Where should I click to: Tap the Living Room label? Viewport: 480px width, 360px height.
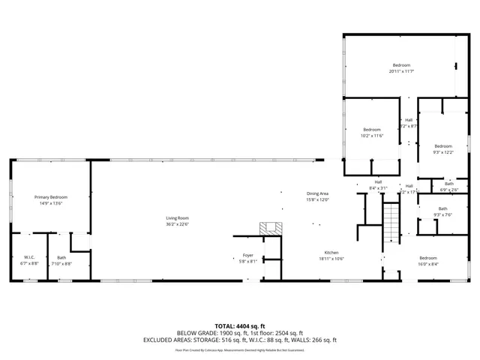(177, 218)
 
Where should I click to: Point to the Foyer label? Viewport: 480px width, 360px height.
(247, 256)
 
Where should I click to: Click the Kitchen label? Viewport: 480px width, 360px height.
(332, 253)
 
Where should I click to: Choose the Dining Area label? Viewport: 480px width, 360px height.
(317, 193)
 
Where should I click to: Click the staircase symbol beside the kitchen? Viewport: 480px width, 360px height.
(391, 223)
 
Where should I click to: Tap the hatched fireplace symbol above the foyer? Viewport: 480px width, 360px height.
(269, 228)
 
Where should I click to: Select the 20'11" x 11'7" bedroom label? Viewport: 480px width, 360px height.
(401, 65)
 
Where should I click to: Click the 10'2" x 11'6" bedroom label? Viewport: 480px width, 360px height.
(372, 130)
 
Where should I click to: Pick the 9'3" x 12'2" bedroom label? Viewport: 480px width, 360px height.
(442, 146)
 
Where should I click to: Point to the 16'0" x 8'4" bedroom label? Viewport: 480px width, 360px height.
(427, 258)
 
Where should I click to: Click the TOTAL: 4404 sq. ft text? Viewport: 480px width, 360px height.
(239, 325)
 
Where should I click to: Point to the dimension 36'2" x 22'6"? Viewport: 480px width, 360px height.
(177, 223)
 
